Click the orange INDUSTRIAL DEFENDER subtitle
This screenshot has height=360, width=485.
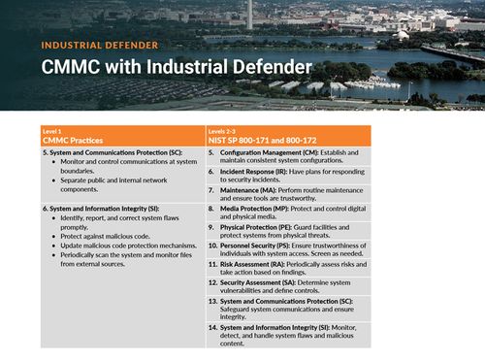pos(100,45)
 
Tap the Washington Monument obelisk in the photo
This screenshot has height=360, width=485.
pos(249,13)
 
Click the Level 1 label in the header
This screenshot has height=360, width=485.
pos(51,130)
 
